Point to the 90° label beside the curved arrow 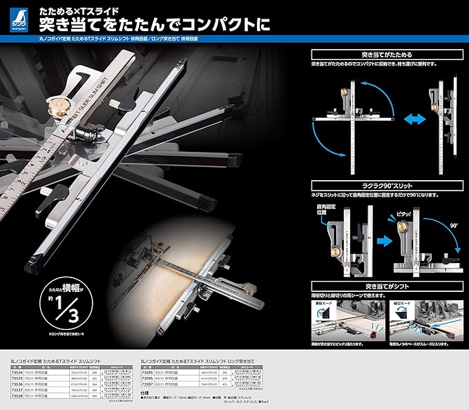(454, 224)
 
